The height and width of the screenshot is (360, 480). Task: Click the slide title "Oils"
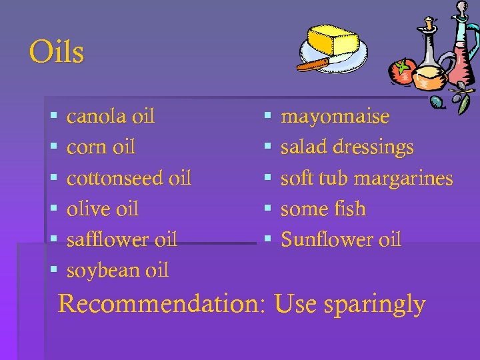coord(57,51)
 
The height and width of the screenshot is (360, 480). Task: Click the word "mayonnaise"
coord(335,117)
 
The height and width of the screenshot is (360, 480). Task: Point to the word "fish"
coord(351,209)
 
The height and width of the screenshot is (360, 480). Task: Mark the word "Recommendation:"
coord(162,304)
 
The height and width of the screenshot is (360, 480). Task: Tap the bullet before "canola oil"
coord(53,117)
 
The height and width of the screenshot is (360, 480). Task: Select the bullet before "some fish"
coord(267,209)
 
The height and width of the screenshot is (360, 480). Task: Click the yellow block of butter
coord(333,41)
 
